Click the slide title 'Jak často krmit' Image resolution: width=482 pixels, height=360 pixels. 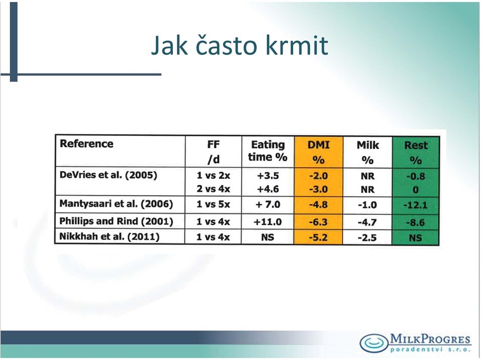pos(239,46)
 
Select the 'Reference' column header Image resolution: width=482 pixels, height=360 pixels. pos(86,144)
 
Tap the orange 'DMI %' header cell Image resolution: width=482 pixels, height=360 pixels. pos(319,152)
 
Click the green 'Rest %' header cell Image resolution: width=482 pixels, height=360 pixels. pos(416,152)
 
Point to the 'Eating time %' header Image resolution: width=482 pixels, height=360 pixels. pos(268,151)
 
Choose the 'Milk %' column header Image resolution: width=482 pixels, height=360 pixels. pos(367,152)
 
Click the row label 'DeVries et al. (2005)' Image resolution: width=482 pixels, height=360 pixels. pos(108,175)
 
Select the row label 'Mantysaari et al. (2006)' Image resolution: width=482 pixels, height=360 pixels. pos(116,204)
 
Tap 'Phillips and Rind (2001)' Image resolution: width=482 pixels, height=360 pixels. pos(116,221)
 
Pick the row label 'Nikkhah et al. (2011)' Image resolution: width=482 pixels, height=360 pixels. pos(109,236)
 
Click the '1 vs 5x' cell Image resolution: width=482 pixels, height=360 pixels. pos(213,204)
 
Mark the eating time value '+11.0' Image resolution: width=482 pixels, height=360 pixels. pos(267,222)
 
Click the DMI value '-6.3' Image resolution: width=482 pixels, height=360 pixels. pos(318,222)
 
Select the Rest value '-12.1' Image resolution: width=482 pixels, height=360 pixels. pos(415,205)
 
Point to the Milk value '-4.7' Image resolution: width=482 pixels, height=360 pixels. pos(367,222)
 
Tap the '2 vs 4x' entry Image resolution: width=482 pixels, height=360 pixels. pos(213,189)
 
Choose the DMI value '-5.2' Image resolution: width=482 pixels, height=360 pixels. pos(318,237)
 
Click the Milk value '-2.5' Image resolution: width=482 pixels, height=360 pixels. pos(367,238)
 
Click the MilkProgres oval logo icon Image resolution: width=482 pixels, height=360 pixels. pos(374,342)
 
